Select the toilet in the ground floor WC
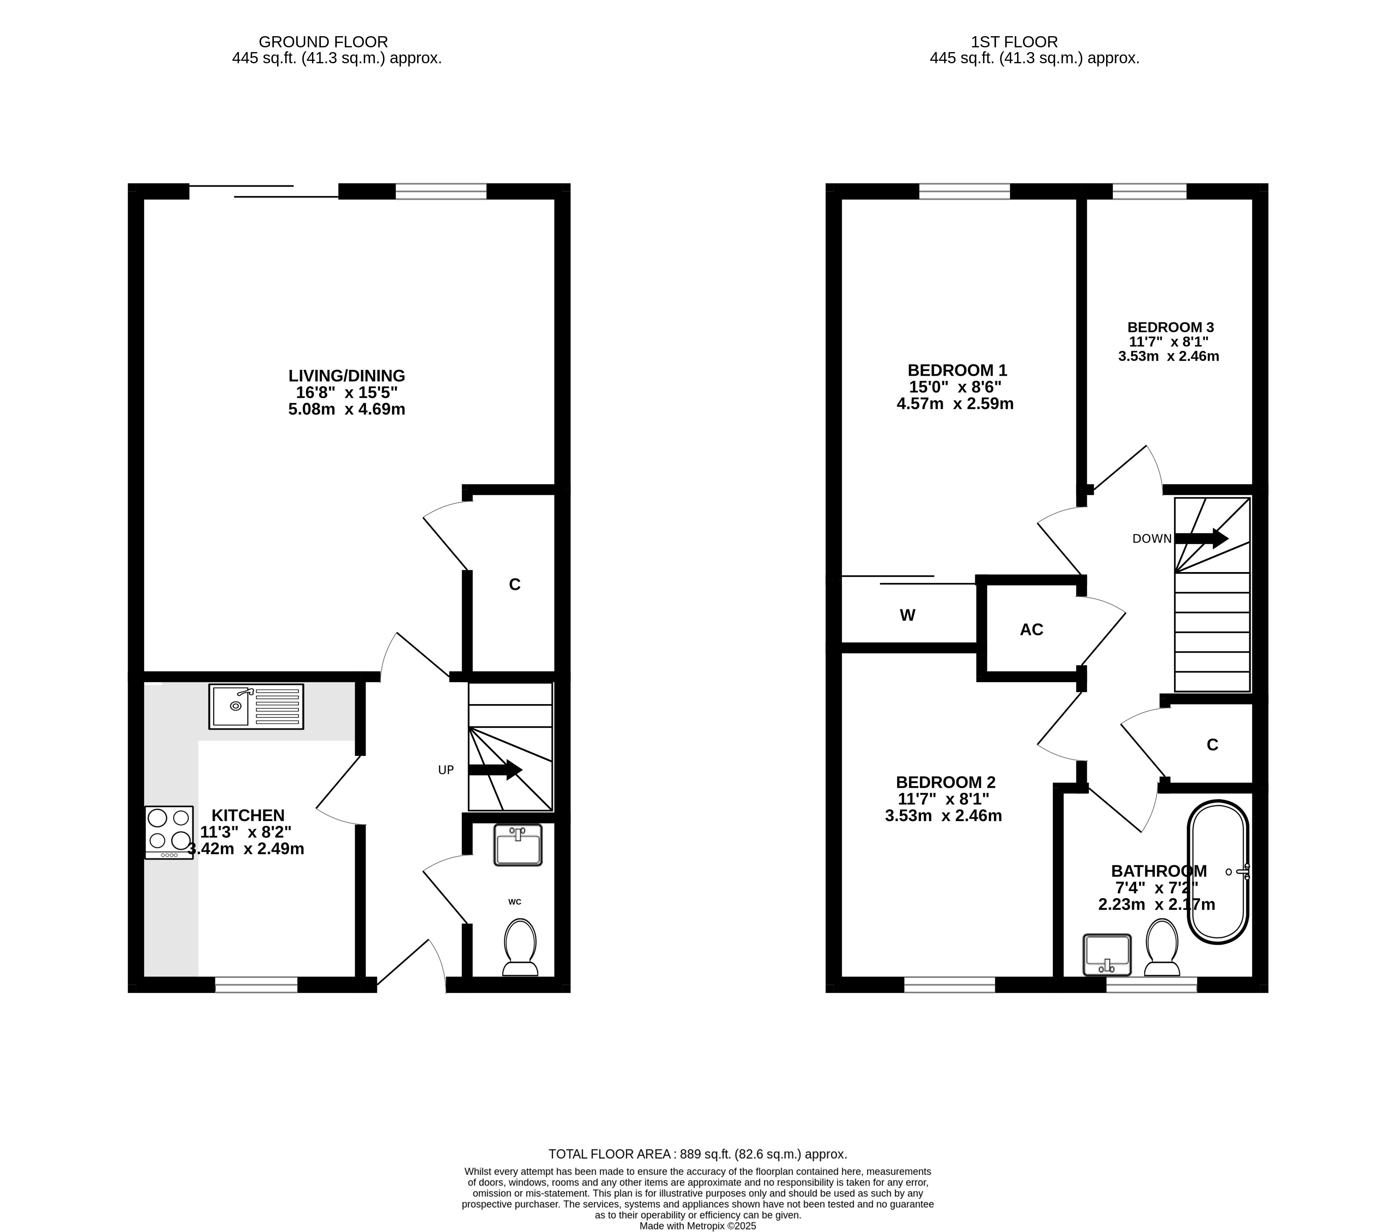520,948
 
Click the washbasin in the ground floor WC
518,845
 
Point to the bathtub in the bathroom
1218,872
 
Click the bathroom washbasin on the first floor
1107,955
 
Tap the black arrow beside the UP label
496,770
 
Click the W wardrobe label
908,615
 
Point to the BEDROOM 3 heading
1171,327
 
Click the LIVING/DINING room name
347,376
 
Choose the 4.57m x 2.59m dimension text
955,403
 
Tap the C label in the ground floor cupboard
515,584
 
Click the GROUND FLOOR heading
323,42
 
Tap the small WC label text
515,902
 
